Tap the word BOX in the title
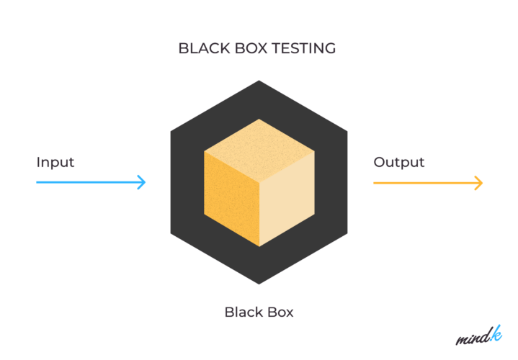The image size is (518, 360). (251, 49)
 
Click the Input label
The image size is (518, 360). (55, 162)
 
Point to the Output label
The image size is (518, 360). (398, 162)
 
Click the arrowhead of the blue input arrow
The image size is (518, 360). (143, 182)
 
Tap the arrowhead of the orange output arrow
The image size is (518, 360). (479, 182)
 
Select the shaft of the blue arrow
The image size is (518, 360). (86, 182)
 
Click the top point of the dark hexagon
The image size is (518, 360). (259, 81)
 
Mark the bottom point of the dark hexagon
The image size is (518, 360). (259, 284)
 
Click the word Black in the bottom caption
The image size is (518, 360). (241, 312)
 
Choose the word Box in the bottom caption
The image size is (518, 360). (280, 312)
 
